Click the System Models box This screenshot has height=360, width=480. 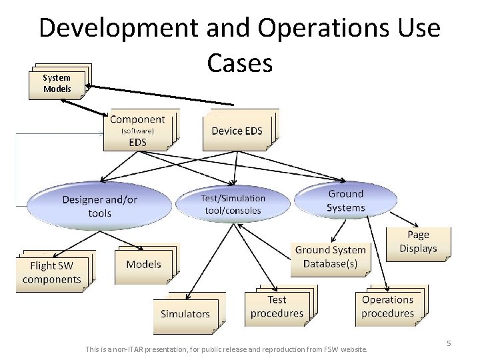(57, 83)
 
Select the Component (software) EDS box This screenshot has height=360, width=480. (138, 130)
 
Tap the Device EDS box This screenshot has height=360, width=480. (237, 131)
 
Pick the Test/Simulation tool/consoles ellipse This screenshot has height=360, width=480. (233, 204)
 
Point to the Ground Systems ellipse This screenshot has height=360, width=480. (345, 201)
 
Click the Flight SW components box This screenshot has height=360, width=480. (52, 273)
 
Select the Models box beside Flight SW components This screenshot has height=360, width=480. (143, 264)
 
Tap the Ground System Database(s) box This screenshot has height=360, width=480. (330, 257)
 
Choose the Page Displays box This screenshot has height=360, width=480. (418, 242)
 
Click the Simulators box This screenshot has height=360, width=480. (185, 313)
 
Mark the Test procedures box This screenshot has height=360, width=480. (277, 307)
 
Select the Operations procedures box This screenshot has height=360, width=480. (387, 307)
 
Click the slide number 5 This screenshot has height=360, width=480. (449, 343)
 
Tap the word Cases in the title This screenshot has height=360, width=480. (239, 63)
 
